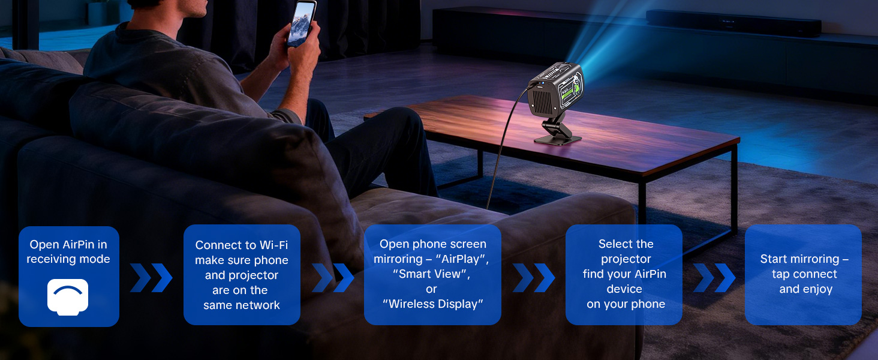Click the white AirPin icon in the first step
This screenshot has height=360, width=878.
[68, 297]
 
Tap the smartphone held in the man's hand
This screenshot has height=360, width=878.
[303, 23]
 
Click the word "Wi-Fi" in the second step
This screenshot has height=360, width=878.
[273, 245]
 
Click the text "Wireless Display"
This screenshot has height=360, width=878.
[432, 304]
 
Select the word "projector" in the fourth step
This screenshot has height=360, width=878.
[626, 259]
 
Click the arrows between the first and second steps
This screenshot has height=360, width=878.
[151, 277]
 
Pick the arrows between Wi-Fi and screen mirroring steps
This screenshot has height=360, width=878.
[333, 277]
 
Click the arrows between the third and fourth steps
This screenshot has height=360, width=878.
[534, 277]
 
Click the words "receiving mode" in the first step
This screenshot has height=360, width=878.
[68, 259]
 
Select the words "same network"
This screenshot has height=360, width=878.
[241, 305]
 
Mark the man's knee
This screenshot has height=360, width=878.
[396, 123]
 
